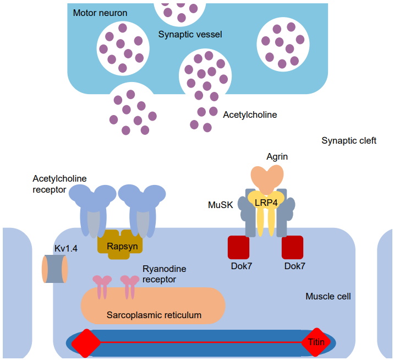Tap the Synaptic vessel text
(190, 34)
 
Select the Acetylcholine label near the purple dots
(250, 115)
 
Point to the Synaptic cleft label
(349, 141)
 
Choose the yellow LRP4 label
(266, 202)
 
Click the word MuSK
(221, 205)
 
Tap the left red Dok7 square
(239, 247)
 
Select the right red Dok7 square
(292, 247)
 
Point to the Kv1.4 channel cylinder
(55, 269)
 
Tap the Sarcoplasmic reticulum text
(154, 315)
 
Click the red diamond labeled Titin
(316, 342)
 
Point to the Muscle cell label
(328, 297)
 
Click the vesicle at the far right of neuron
(282, 43)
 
